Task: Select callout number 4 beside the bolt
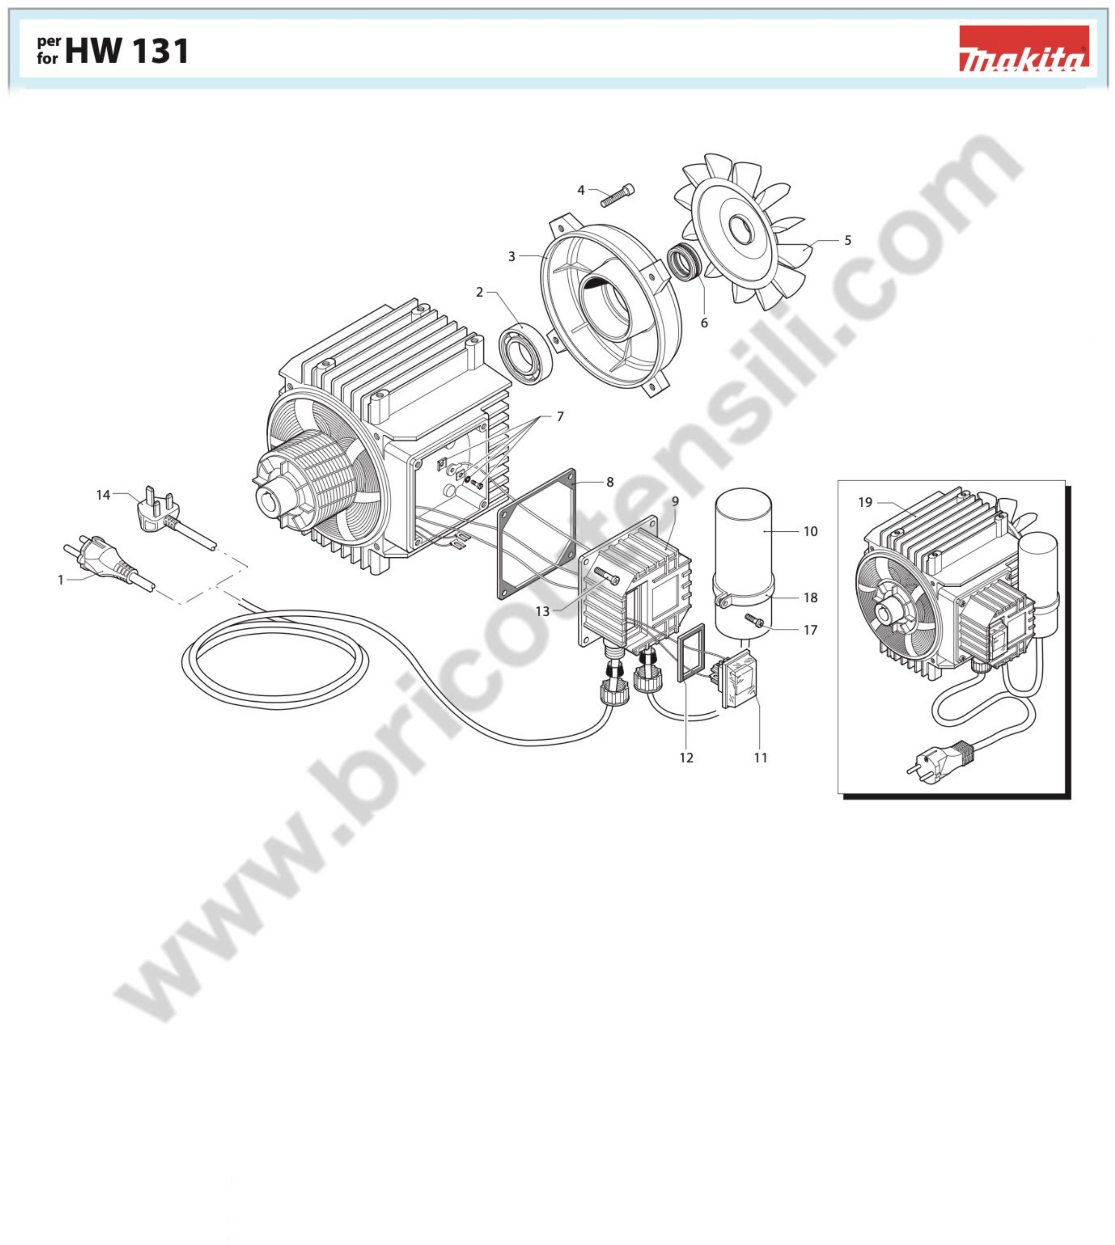coord(581,191)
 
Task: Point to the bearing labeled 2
coord(526,353)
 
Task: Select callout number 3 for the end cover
coord(512,256)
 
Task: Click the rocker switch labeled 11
coord(740,680)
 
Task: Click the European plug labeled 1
coord(104,559)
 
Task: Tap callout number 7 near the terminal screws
coord(560,416)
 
